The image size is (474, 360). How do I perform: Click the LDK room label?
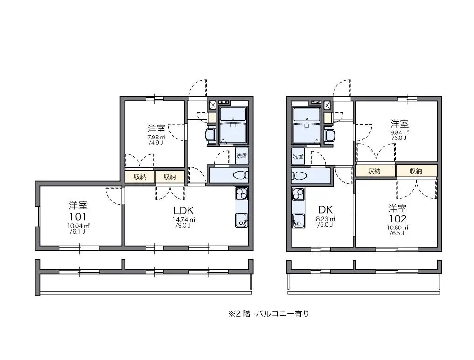tap(183, 210)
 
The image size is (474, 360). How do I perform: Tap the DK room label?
tap(326, 209)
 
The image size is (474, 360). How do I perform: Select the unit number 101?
tap(78, 216)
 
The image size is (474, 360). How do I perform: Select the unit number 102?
tap(397, 219)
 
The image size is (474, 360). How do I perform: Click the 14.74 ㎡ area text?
tap(183, 220)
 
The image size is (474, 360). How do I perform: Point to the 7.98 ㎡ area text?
tap(156, 137)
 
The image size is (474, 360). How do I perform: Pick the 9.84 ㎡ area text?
tap(399, 132)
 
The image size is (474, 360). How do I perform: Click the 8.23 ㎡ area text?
tap(326, 219)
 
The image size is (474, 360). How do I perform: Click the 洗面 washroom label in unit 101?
tap(242, 156)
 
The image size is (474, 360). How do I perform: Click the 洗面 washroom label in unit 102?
tap(298, 156)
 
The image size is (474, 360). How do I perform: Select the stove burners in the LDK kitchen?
tap(242, 194)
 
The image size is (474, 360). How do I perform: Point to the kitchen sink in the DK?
tap(298, 221)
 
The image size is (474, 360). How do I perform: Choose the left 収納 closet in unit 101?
tap(140, 177)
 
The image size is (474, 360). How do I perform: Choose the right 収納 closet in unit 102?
tap(416, 171)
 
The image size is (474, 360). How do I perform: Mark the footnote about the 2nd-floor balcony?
tap(269, 314)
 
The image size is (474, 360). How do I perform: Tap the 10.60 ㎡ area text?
tap(397, 228)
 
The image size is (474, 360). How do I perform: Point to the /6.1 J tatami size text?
tap(78, 232)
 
